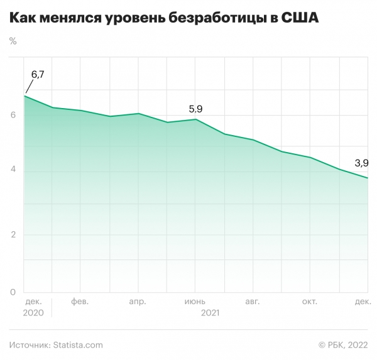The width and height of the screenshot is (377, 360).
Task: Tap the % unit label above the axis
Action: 13,41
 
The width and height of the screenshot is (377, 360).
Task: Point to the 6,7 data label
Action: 38,75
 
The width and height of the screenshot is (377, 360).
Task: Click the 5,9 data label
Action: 196,109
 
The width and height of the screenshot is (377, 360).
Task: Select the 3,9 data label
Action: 361,163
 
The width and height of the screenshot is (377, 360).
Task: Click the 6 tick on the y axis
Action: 13,114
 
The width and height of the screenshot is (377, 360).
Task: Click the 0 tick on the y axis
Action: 13,292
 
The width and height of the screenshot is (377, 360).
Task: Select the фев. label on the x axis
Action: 80,302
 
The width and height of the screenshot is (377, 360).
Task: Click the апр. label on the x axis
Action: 137,302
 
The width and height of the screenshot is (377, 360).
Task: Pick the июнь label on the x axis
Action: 195,302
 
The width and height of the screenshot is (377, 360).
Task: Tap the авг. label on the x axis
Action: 252,302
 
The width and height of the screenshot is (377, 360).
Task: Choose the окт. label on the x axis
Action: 309,302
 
